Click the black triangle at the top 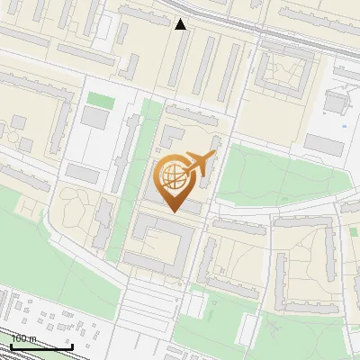pyautogui.click(x=181, y=23)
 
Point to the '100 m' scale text pyautogui.click(x=23, y=338)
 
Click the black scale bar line pyautogui.click(x=41, y=346)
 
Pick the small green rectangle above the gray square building pyautogui.click(x=100, y=99)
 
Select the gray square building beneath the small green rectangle pyautogui.click(x=94, y=117)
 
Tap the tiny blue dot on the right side pyautogui.click(x=344, y=128)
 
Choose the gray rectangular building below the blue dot pyautogui.click(x=325, y=144)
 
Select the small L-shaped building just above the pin pyautogui.click(x=172, y=137)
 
